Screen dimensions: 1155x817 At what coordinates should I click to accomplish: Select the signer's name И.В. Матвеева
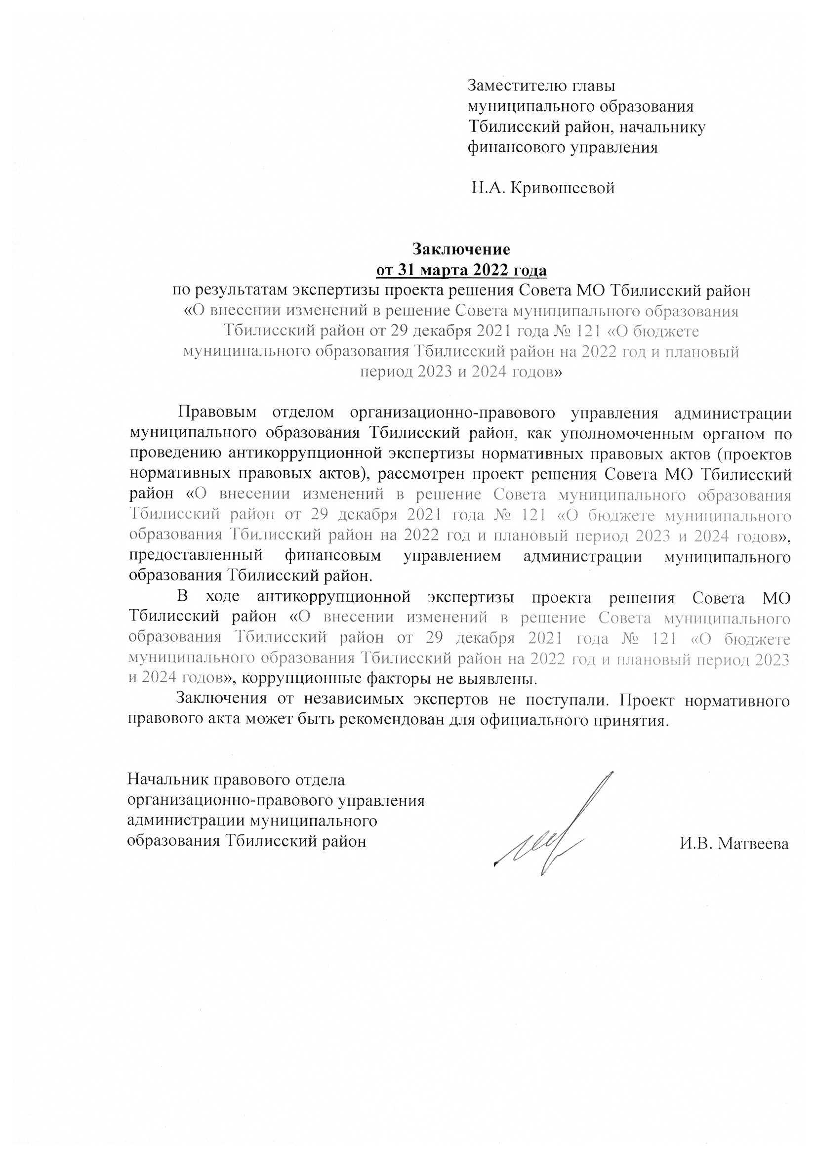click(734, 844)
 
